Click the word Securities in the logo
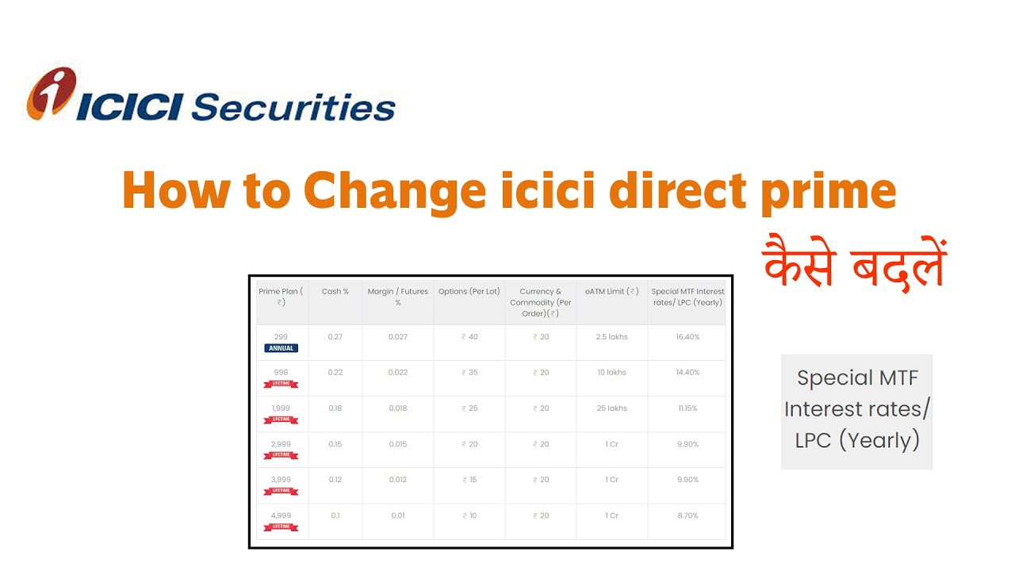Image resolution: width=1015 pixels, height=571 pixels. pyautogui.click(x=293, y=106)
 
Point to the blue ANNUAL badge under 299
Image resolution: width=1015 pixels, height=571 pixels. pyautogui.click(x=281, y=348)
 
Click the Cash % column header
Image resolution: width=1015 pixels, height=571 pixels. pyautogui.click(x=335, y=292)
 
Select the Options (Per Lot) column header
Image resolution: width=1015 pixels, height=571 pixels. pyautogui.click(x=469, y=292)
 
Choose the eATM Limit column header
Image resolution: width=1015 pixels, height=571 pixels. pyautogui.click(x=611, y=292)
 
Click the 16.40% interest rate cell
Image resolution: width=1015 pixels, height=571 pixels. pyautogui.click(x=688, y=337)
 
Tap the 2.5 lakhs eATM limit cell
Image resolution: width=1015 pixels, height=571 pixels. pyautogui.click(x=611, y=337)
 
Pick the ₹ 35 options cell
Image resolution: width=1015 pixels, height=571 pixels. pyautogui.click(x=469, y=373)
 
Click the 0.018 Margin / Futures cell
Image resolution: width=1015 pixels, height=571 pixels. pyautogui.click(x=398, y=408)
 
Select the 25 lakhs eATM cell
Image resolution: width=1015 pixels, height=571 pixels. pyautogui.click(x=611, y=408)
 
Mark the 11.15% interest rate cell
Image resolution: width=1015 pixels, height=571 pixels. pyautogui.click(x=688, y=408)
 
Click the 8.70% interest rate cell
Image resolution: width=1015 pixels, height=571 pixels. pyautogui.click(x=688, y=515)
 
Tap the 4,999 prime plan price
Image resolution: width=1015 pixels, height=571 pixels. pyautogui.click(x=281, y=515)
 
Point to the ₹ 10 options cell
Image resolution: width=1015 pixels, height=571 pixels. pyautogui.click(x=469, y=515)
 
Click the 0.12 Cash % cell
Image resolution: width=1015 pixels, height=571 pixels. pyautogui.click(x=335, y=480)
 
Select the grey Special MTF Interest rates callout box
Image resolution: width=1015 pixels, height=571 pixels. pyautogui.click(x=856, y=411)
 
